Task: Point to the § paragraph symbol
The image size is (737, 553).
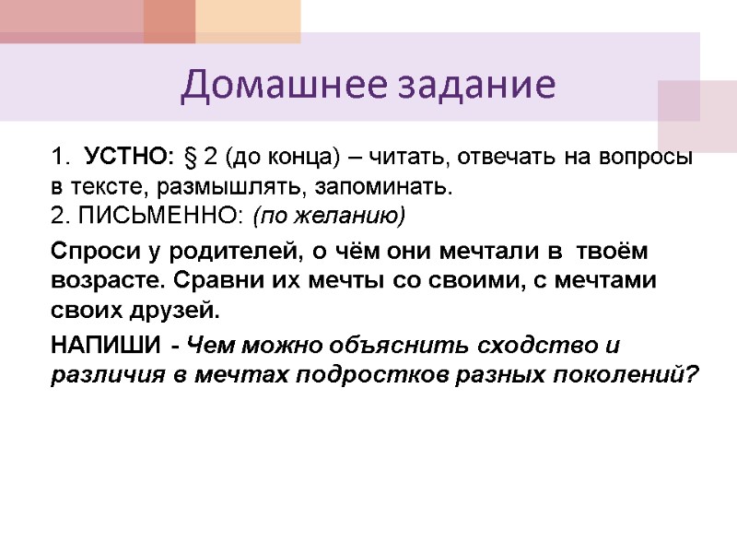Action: pos(191,158)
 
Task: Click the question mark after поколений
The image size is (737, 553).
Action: pos(694,376)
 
